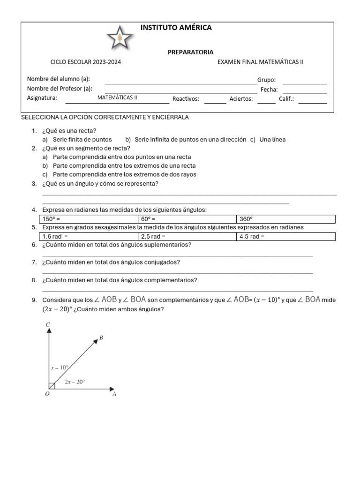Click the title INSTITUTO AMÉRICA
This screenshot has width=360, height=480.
pos(176,28)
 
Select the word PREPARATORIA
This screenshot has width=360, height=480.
pos(190,52)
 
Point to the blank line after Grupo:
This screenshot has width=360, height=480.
pos(305,81)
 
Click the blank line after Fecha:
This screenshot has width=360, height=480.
pos(305,90)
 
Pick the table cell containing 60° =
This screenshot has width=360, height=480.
pos(187,219)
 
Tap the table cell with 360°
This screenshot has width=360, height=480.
pos(286,219)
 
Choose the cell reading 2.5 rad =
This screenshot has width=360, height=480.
pos(187,236)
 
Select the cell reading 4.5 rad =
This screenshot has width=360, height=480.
pos(286,236)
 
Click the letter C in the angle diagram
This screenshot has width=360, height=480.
pos(48,324)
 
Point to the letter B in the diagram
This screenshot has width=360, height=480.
pos(101,338)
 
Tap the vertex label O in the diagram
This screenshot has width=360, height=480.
pos(47,394)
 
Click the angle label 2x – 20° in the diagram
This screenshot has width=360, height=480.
pos(75,382)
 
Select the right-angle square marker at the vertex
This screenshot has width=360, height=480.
pos(52,385)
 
